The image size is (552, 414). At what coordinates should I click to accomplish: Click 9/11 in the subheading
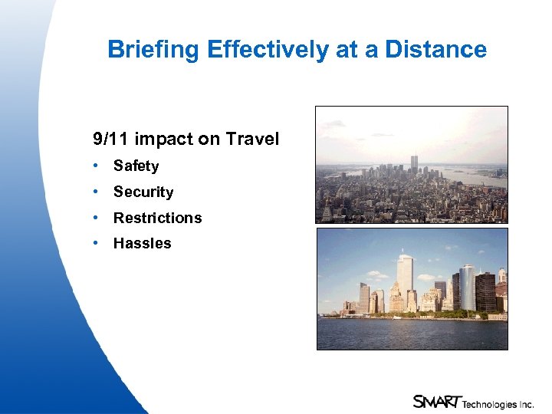[x=108, y=140]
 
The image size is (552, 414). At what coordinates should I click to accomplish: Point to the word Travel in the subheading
[x=252, y=140]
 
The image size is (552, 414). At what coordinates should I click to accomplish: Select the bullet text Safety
[x=136, y=166]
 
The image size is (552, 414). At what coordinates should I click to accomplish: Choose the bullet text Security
[x=143, y=192]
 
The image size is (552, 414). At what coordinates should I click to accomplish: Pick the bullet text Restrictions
[x=157, y=219]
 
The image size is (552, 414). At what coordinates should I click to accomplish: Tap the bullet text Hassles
[x=142, y=244]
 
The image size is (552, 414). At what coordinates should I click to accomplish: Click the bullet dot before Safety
[x=96, y=166]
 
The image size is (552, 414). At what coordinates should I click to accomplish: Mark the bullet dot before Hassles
[x=96, y=244]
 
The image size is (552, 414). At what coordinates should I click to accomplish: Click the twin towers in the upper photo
[x=415, y=163]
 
